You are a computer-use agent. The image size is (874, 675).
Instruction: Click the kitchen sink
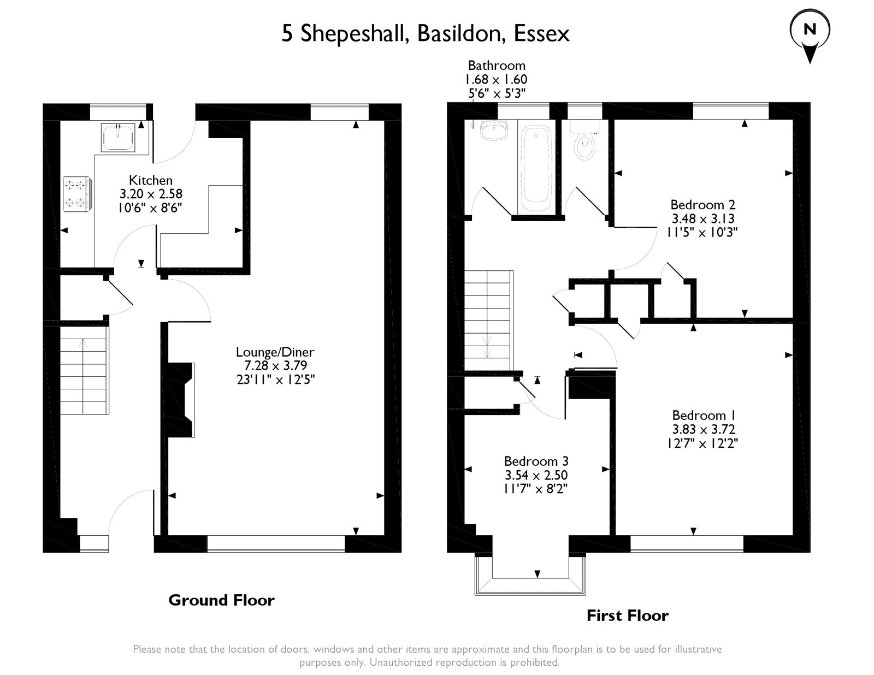pyautogui.click(x=117, y=138)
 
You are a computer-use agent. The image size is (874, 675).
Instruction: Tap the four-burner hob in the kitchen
pyautogui.click(x=76, y=194)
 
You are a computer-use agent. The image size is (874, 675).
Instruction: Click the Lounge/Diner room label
pyautogui.click(x=275, y=352)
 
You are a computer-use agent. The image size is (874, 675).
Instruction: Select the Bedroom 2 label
pyautogui.click(x=702, y=205)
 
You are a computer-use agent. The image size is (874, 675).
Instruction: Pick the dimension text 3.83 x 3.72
pyautogui.click(x=704, y=429)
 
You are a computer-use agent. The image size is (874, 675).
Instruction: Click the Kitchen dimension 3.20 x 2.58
pyautogui.click(x=151, y=194)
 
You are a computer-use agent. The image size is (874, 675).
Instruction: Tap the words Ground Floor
pyautogui.click(x=221, y=600)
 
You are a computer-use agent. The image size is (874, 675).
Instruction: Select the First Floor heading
pyautogui.click(x=628, y=615)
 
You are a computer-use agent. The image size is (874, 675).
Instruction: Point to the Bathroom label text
pyautogui.click(x=497, y=65)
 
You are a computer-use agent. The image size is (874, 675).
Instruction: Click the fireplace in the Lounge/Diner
pyautogui.click(x=181, y=400)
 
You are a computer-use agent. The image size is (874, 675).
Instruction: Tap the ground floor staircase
pyautogui.click(x=84, y=370)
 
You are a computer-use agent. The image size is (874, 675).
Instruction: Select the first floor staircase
pyautogui.click(x=489, y=320)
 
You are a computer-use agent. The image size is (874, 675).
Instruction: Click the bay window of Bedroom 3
pyautogui.click(x=530, y=575)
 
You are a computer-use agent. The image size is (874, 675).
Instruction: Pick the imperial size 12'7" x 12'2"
pyautogui.click(x=702, y=443)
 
